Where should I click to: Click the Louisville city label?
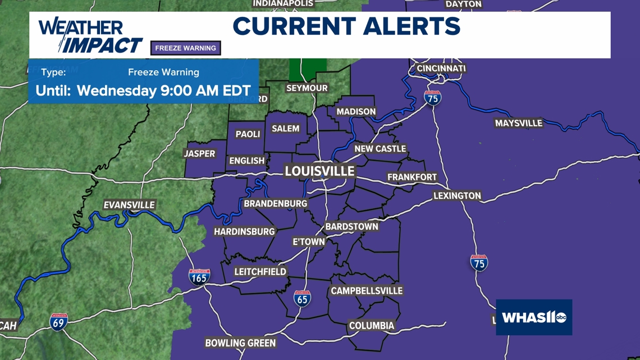[319, 171]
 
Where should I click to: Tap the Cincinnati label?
[441, 69]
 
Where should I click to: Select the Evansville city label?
[129, 205]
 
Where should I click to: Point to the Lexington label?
[457, 195]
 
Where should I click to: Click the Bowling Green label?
[240, 343]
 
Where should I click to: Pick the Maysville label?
[518, 123]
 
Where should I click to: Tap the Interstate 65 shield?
[302, 298]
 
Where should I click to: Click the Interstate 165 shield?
[199, 277]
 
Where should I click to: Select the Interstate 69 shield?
[58, 322]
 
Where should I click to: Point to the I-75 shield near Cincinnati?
[432, 98]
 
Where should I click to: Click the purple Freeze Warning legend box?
[185, 48]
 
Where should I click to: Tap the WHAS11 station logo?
[534, 317]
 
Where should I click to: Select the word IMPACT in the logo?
[102, 45]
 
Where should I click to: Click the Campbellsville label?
[367, 290]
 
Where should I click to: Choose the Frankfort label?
[412, 177]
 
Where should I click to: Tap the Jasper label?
[199, 153]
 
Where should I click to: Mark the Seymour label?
[307, 88]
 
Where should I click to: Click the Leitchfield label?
[260, 271]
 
